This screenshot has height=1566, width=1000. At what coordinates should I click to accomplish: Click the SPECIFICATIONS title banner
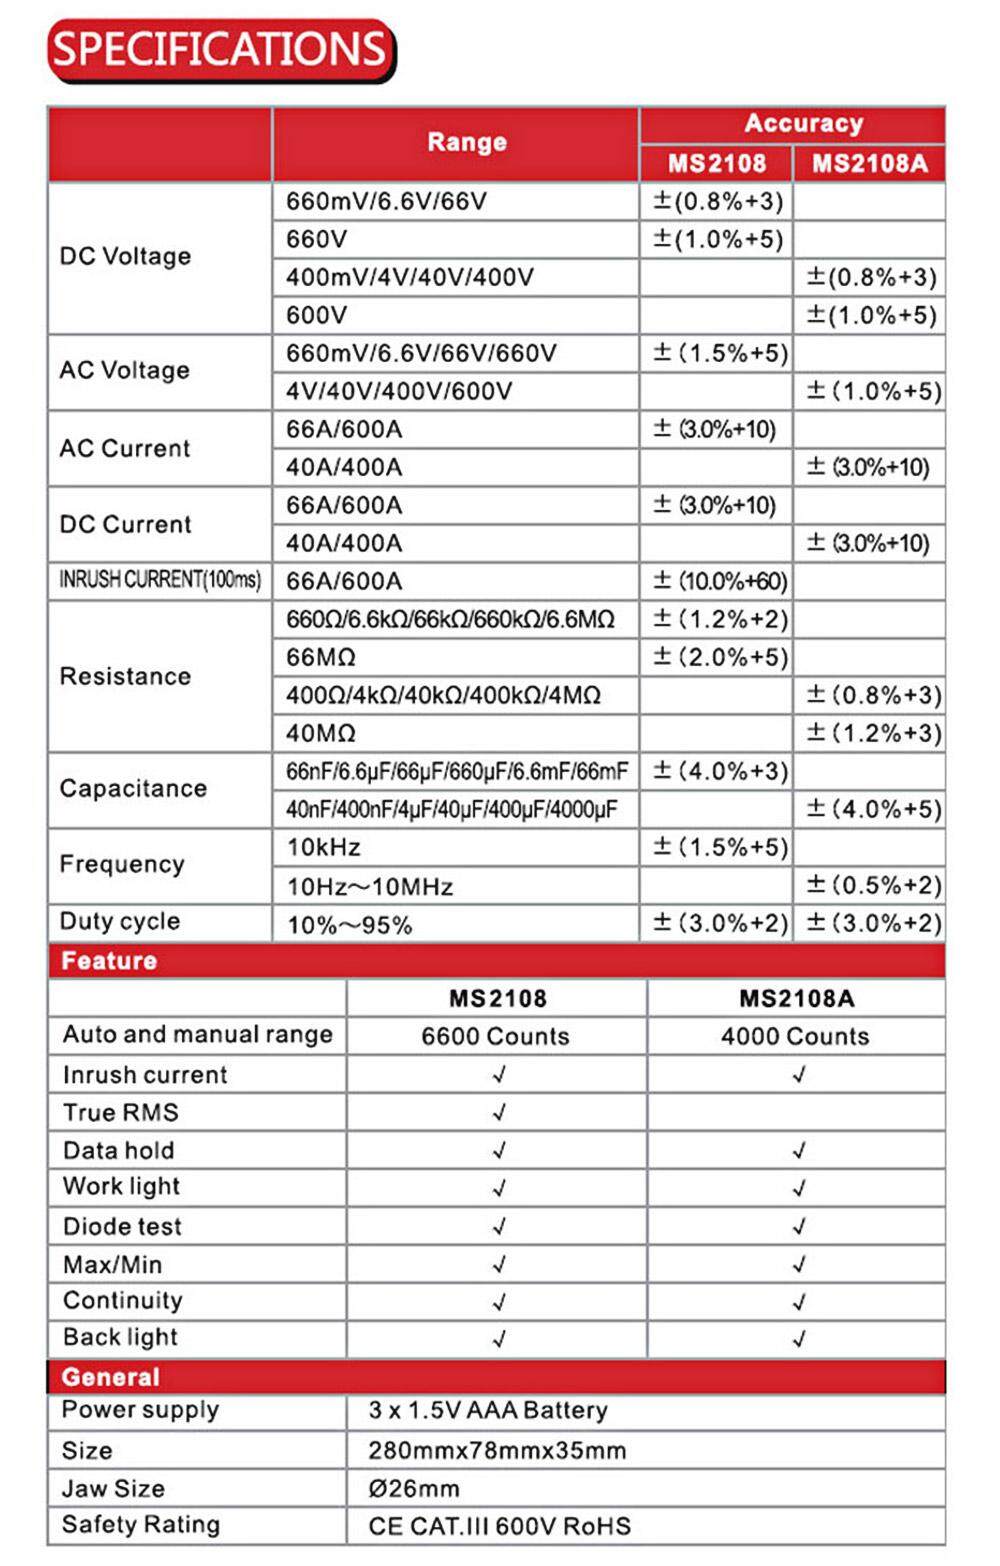220,49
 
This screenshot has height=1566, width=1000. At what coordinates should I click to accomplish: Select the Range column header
466,142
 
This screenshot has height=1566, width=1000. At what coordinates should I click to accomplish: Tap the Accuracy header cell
803,123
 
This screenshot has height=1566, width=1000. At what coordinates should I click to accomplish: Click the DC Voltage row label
125,256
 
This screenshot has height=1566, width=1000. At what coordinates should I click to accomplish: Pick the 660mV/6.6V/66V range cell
386,201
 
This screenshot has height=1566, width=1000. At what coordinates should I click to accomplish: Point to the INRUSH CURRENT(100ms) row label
160,580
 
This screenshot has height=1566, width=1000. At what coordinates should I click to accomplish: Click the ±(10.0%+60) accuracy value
720,581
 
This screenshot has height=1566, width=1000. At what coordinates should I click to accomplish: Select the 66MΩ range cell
321,657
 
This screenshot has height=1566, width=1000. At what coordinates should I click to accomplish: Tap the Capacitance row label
133,788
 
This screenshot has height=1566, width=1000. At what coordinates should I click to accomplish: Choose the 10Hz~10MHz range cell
370,886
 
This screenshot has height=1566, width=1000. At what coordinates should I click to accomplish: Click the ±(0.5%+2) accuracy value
873,885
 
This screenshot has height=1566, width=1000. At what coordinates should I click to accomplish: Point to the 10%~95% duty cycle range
349,925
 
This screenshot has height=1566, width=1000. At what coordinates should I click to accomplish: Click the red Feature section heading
109,961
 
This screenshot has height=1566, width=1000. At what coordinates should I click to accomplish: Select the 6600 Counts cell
495,1036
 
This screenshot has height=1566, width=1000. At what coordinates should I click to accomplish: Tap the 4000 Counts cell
795,1036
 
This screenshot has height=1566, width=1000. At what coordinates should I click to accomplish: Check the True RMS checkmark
499,1112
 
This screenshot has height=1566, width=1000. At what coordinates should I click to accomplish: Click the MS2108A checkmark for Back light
798,1338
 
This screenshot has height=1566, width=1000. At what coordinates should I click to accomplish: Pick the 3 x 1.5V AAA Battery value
488,1410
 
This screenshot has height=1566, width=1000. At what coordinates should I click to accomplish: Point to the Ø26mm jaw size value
414,1488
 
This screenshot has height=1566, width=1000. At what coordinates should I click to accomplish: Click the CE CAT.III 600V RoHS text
499,1526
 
